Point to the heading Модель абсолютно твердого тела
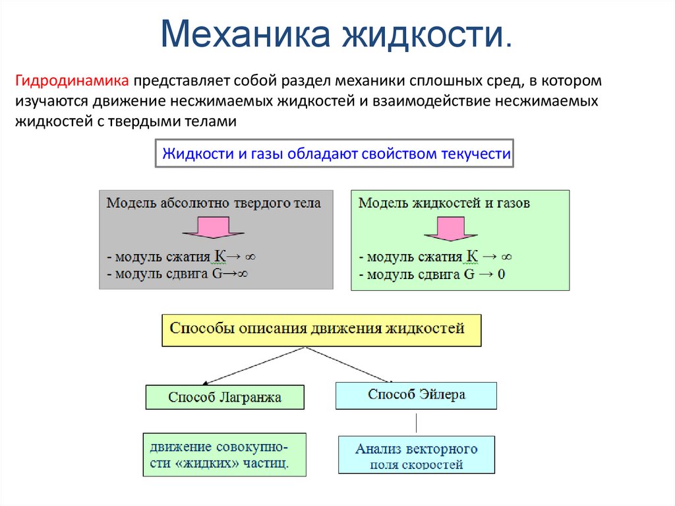coord(214,203)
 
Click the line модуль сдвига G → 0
coord(432,274)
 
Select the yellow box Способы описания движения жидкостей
coord(322,329)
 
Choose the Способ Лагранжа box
coord(225,397)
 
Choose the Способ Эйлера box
coord(416,395)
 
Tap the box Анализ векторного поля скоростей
coord(416,455)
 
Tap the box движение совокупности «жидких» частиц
coord(225,454)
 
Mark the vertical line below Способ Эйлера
coord(416,422)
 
